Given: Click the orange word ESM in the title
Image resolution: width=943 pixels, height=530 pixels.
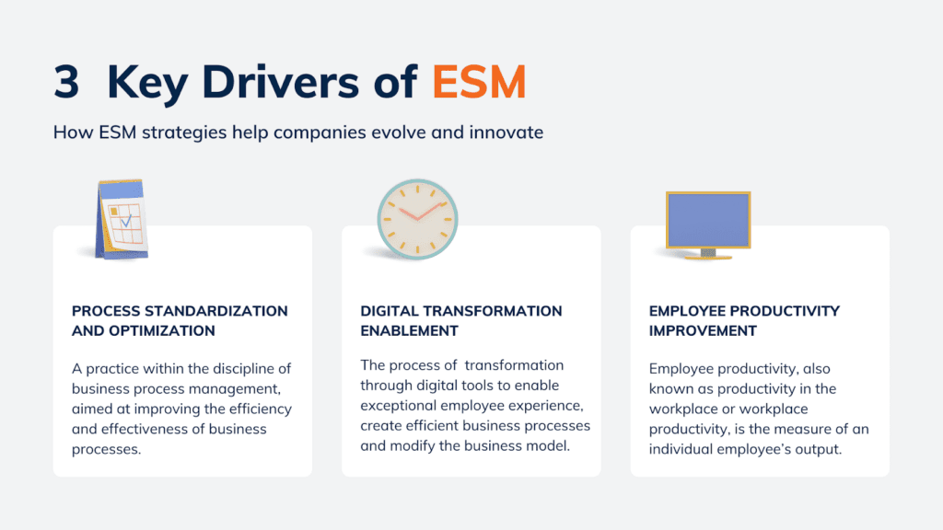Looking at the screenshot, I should [479, 83].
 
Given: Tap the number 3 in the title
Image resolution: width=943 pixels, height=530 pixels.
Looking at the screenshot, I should [66, 83].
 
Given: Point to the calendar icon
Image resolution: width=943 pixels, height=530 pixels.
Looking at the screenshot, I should [121, 220].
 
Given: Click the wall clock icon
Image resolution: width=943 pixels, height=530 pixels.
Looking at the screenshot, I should [417, 220].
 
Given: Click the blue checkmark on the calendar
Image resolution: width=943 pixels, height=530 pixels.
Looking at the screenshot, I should [125, 220].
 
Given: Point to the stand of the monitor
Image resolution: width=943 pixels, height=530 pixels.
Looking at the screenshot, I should [708, 253].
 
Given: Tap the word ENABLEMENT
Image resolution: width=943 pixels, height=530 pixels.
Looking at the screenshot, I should [409, 330].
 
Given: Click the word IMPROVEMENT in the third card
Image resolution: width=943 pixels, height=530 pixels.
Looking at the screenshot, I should [703, 330].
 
